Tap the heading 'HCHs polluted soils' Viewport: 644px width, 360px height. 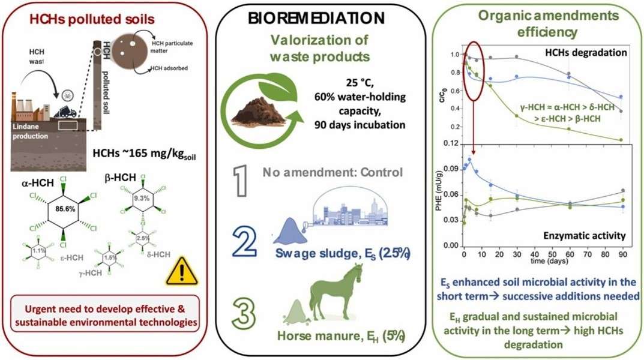point(110,19)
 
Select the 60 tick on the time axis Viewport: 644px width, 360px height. point(569,254)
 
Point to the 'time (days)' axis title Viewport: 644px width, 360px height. point(544,262)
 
